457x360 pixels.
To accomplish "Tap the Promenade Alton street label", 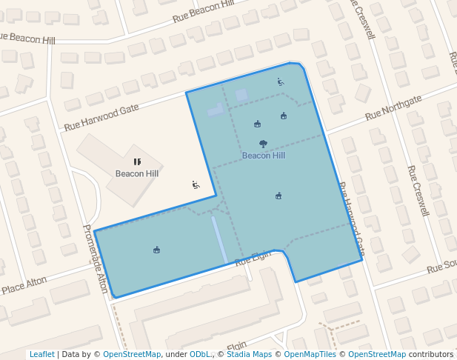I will (95, 259).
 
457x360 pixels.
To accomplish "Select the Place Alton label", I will (24, 285).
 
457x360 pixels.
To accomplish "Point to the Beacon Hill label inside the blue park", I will (263, 156).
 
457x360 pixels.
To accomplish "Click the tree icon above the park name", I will (263, 144).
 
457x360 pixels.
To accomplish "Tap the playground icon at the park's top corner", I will (281, 82).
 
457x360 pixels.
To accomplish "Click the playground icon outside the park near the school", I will (196, 184).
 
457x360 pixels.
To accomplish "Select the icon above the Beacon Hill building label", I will (137, 161).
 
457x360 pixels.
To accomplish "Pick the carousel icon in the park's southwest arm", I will (157, 250).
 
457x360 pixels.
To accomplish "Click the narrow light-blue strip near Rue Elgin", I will (219, 239).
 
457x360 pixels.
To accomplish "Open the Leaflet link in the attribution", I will (42, 354).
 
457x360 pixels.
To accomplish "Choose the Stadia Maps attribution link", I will (249, 354).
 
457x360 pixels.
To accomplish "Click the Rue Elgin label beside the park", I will (254, 259).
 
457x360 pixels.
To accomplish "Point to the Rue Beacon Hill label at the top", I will (203, 10).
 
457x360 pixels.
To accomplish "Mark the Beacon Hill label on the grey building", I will (137, 173).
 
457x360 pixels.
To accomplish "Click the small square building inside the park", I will (241, 95).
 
